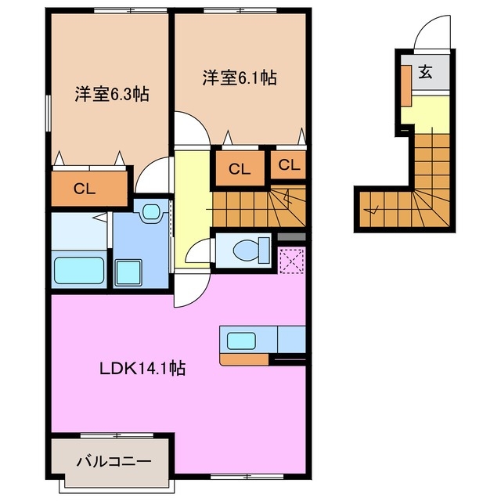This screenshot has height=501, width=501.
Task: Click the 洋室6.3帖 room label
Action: pos(112,94)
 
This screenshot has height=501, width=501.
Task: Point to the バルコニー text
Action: pos(113,462)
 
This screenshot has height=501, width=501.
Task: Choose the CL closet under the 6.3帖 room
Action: pos(89,189)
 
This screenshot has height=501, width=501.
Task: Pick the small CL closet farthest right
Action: pos(289,165)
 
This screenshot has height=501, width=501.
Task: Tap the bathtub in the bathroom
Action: pos(80,271)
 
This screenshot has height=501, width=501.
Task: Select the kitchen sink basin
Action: pos(241,340)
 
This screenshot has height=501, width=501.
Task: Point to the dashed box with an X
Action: pos(291,260)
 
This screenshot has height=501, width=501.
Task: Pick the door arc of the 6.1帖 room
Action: pos(189,128)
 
